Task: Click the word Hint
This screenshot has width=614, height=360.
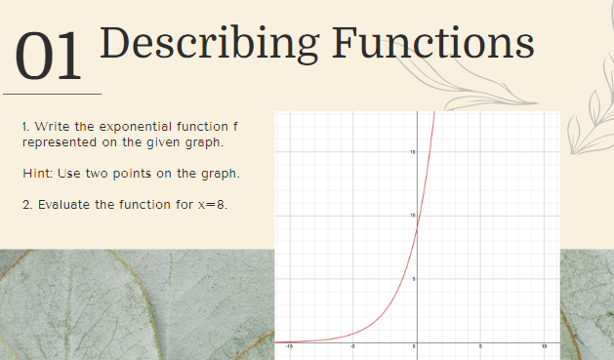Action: [x=35, y=174]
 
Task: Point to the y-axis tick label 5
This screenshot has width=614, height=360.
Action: [x=413, y=280]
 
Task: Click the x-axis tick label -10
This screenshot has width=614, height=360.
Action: [x=289, y=347]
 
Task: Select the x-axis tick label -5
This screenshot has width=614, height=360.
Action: [x=352, y=347]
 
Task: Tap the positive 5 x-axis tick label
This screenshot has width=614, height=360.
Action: [x=480, y=347]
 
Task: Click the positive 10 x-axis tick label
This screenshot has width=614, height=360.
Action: [x=544, y=347]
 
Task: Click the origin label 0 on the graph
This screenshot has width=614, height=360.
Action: [x=413, y=347]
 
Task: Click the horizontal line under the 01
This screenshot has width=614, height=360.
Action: [x=53, y=94]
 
